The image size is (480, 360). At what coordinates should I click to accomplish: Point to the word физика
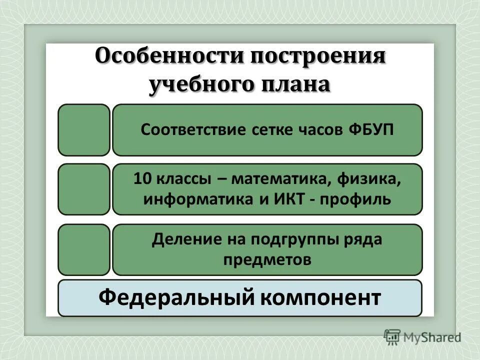(x=375, y=179)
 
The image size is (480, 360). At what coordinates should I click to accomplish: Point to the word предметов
(x=267, y=259)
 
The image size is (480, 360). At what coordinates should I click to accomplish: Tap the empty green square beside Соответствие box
(x=83, y=130)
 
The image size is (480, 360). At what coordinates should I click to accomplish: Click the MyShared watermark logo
(x=422, y=337)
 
